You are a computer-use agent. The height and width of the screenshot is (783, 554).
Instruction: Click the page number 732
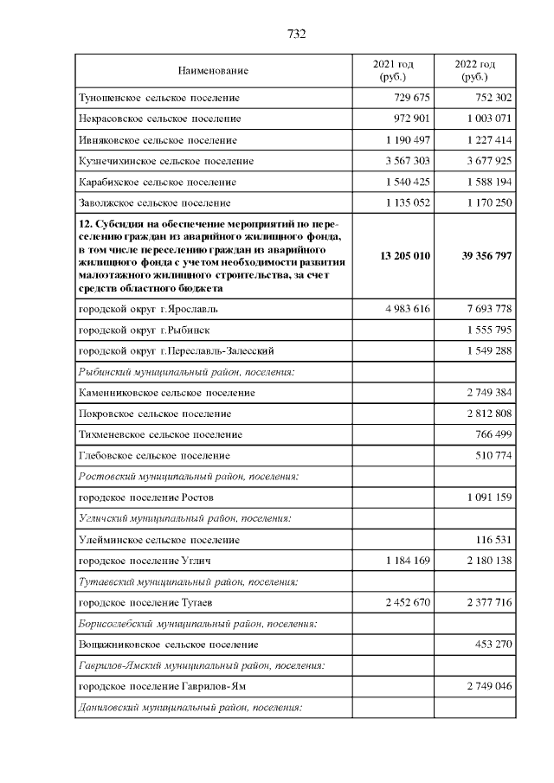(x=297, y=35)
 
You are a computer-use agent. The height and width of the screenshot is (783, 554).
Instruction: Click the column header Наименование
(x=213, y=70)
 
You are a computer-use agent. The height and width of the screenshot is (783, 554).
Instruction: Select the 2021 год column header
(x=393, y=70)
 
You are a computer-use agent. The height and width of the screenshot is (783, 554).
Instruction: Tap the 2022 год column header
(x=475, y=70)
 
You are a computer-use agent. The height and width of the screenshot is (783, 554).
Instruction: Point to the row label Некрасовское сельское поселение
(x=159, y=119)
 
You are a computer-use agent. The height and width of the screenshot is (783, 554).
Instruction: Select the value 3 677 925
(x=483, y=161)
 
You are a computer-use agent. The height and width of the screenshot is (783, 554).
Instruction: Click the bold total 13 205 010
(x=393, y=257)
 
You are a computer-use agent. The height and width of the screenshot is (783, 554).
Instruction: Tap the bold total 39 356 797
(x=475, y=257)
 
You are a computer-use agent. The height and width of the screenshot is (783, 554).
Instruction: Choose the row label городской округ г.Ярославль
(x=142, y=308)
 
